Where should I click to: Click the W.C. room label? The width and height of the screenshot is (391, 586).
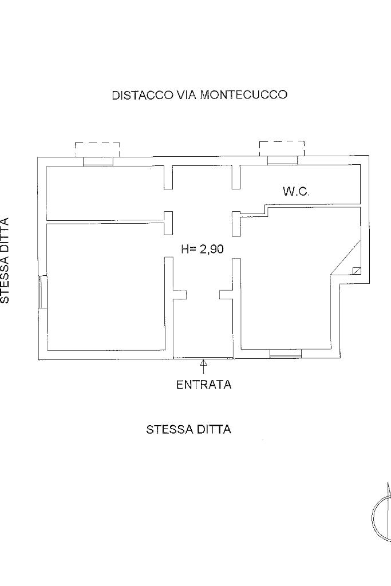coord(296,192)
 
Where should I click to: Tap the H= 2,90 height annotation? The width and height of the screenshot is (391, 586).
coord(202,249)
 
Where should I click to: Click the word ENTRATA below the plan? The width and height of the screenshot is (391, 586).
coord(203,385)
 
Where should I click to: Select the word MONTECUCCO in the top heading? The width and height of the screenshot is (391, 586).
coord(243,95)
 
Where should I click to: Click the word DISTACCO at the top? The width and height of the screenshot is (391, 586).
coord(141,95)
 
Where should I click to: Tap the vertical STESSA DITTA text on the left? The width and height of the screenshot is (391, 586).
coord(5,260)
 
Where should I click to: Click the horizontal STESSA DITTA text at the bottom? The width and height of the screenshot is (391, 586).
coord(188,429)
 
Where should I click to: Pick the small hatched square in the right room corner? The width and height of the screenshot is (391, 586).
coord(357,271)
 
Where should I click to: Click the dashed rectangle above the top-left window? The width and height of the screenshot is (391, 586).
coord(97,149)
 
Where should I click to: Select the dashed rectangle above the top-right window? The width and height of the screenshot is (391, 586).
coord(282,148)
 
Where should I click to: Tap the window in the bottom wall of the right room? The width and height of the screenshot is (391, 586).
coord(285,356)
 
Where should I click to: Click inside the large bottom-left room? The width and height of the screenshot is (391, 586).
coord(106,286)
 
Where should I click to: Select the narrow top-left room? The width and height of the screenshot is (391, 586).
coord(106,193)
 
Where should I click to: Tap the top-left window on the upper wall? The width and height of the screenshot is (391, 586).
coord(98,161)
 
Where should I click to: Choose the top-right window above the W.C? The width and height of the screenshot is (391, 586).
coord(282,160)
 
